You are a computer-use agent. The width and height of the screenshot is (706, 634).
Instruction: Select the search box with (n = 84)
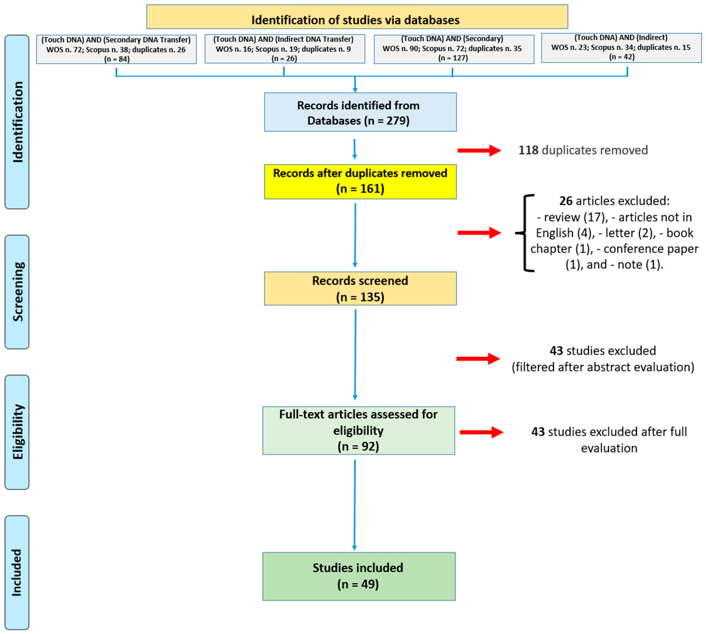[116, 49]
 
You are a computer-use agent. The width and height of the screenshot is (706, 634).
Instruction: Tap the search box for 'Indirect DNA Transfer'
[284, 49]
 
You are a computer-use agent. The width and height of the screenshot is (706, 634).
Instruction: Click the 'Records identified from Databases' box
[360, 112]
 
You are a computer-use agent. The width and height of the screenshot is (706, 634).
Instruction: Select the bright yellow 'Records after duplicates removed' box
[360, 181]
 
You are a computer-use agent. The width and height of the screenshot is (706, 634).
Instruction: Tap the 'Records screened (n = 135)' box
[360, 288]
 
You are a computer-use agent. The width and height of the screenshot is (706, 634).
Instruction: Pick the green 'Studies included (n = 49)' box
[359, 576]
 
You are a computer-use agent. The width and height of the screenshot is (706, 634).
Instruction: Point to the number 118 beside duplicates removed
[528, 150]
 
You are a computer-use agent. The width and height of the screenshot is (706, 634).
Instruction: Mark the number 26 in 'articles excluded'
[566, 201]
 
